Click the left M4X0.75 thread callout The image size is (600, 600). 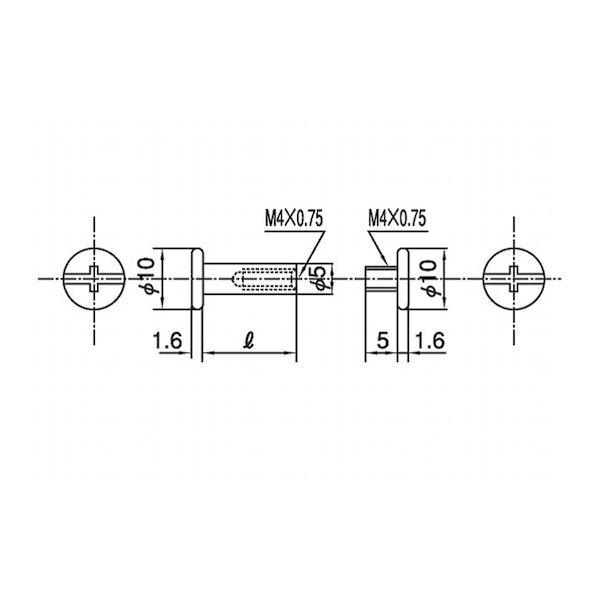point(294,219)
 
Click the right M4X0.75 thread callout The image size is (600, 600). point(397,219)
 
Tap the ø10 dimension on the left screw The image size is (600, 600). point(146,277)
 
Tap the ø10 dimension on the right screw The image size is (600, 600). point(428,278)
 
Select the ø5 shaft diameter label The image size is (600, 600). point(318,279)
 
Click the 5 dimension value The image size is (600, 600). point(382,340)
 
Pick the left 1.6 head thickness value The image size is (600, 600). point(167,340)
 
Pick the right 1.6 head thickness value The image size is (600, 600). point(430,340)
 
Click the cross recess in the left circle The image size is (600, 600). point(94,279)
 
